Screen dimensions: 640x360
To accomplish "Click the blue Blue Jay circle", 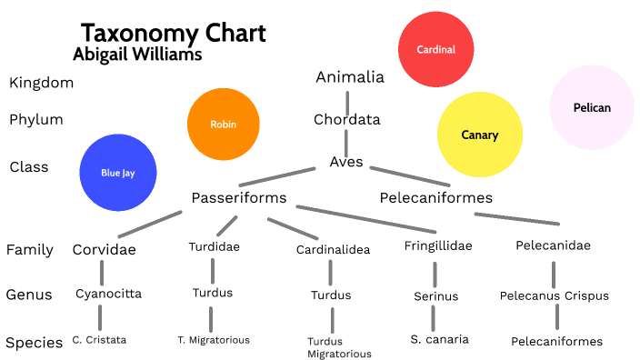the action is [x=117, y=172].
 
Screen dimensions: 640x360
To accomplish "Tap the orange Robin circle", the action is [x=223, y=124].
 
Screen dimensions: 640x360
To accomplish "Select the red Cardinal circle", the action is [x=435, y=50].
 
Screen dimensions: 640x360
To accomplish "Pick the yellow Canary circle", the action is [x=479, y=135].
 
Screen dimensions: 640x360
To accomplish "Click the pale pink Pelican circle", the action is [x=592, y=107].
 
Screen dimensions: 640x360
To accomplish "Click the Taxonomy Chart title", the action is [x=173, y=34].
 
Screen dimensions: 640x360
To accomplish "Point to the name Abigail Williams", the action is [x=137, y=55].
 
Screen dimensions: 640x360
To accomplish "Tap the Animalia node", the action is [x=350, y=77].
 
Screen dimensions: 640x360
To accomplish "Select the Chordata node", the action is [x=346, y=119].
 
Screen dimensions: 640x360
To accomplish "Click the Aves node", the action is [x=346, y=163].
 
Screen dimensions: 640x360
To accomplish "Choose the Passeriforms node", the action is [x=239, y=197].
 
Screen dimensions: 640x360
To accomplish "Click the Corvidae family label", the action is [x=105, y=249].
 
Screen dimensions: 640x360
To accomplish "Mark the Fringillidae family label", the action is [x=438, y=245].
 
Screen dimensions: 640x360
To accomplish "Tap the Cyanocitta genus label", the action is [x=108, y=294].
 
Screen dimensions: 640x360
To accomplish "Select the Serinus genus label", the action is [x=436, y=295].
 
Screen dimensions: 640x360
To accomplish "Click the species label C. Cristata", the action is [x=99, y=339].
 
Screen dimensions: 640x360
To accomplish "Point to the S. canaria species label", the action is [x=439, y=339].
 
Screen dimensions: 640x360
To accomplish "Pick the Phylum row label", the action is [x=35, y=119].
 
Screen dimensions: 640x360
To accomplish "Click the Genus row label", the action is [x=30, y=295].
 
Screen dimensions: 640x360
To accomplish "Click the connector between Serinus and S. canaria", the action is [x=434, y=317].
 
